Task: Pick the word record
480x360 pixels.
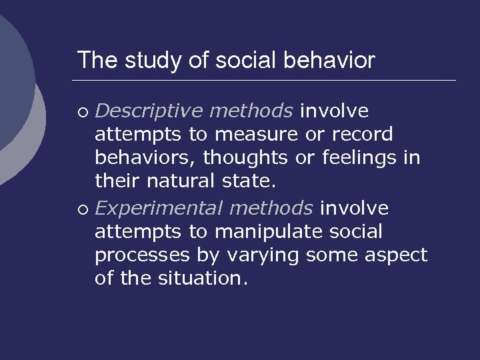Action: pyautogui.click(x=363, y=135)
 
